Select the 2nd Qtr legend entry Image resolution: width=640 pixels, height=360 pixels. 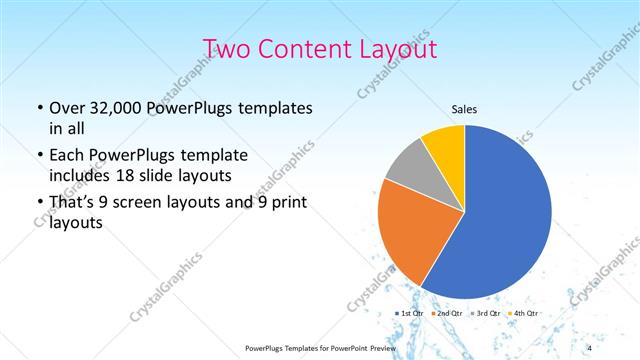tap(447, 314)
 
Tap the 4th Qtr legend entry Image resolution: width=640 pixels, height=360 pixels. tap(521, 314)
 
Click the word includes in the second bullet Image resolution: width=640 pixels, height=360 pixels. tap(81, 175)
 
